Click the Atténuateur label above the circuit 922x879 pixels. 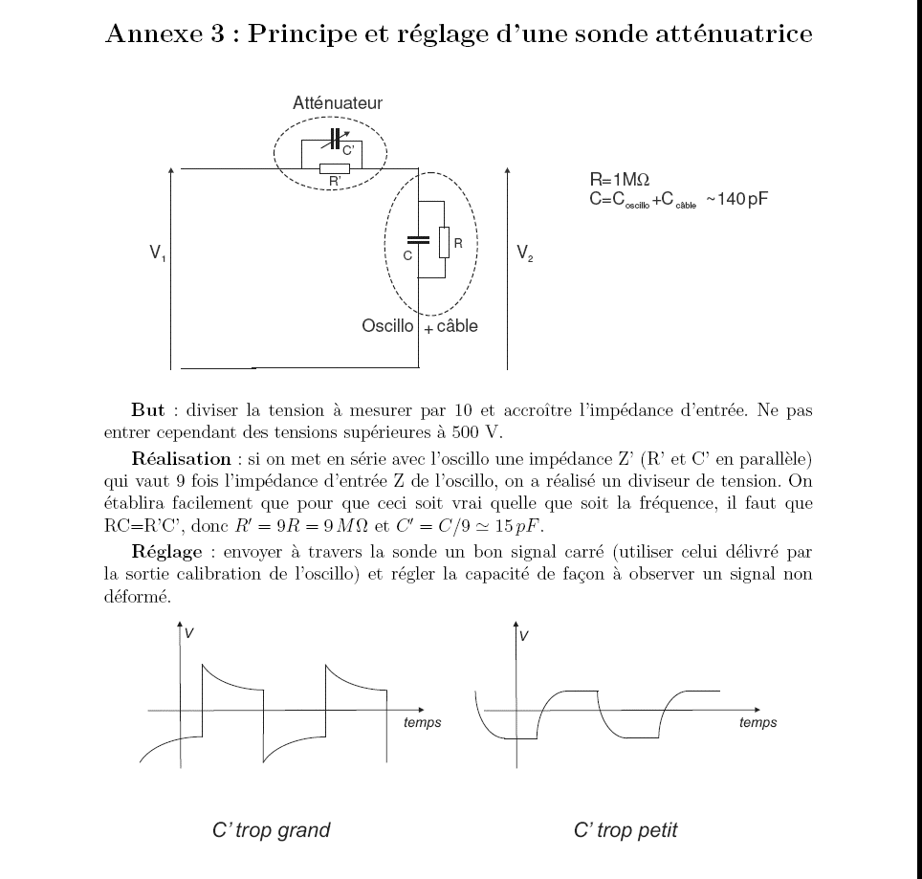click(338, 103)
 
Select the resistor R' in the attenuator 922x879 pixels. click(335, 168)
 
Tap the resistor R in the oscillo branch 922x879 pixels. click(444, 242)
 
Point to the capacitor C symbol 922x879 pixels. click(418, 240)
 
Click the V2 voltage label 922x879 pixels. click(524, 253)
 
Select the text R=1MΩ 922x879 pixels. click(619, 179)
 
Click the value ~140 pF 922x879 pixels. click(736, 199)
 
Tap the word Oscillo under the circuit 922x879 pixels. click(387, 326)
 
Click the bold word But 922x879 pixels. click(147, 409)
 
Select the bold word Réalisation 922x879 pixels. click(181, 458)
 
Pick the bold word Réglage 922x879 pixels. click(167, 552)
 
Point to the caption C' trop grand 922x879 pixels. click(271, 830)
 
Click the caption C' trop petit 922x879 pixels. click(626, 830)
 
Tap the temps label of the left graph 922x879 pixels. click(422, 722)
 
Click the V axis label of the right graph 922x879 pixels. click(524, 636)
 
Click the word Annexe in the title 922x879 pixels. click(154, 33)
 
